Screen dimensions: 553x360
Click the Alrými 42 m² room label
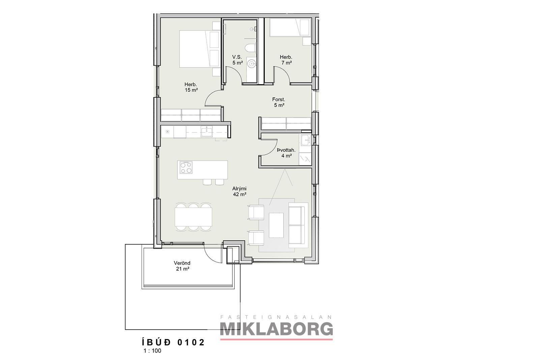click(x=239, y=191)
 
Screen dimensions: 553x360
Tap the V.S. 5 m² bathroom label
click(x=237, y=60)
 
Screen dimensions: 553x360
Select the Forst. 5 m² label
click(x=279, y=102)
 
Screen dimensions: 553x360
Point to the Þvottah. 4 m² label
click(x=286, y=153)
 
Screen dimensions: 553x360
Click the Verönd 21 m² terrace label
click(x=182, y=266)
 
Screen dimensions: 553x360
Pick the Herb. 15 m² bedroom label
click(x=191, y=87)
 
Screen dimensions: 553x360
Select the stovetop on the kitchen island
click(x=186, y=167)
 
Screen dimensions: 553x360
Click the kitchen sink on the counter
click(x=206, y=131)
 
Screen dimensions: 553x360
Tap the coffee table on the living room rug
click(x=276, y=225)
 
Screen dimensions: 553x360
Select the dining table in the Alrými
click(x=193, y=217)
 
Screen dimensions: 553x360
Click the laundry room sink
click(x=306, y=140)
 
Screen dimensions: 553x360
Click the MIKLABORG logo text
click(x=276, y=329)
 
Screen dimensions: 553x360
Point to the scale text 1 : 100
click(x=152, y=351)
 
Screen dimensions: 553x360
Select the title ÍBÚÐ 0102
click(x=173, y=342)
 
